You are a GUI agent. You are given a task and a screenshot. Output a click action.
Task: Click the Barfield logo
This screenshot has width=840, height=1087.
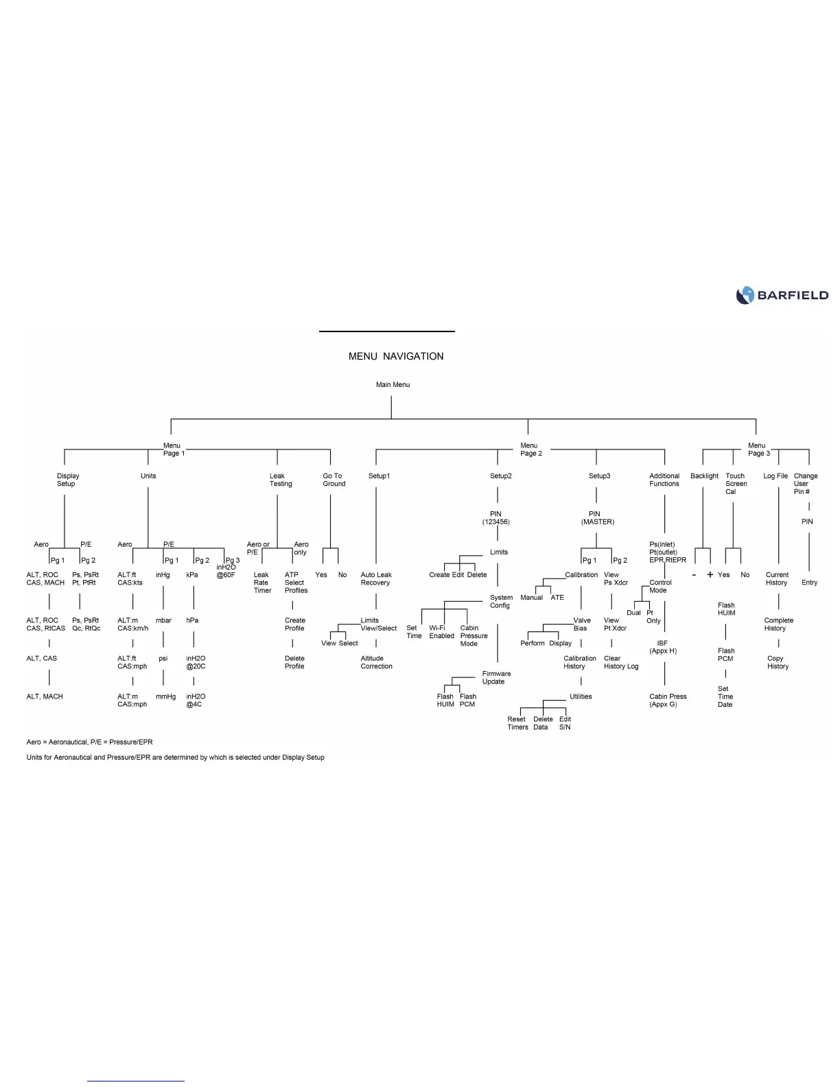coord(782,295)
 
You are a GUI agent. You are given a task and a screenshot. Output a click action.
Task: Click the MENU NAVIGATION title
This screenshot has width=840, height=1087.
coord(396,356)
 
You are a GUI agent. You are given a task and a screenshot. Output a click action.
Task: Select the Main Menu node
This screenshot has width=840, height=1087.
coord(393,384)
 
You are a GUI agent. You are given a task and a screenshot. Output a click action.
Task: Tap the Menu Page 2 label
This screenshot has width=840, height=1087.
coord(530,449)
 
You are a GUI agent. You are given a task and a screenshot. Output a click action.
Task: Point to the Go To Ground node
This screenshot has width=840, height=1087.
coord(334,480)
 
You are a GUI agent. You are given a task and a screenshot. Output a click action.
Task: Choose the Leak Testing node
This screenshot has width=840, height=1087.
coord(280,480)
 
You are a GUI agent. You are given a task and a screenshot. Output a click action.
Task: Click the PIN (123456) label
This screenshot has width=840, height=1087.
coord(495,518)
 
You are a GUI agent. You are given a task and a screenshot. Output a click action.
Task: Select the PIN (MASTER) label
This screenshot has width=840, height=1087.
coord(596,518)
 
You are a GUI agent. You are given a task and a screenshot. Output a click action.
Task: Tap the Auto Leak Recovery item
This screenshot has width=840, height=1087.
coord(376,578)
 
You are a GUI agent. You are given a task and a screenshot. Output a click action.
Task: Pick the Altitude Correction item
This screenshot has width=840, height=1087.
coord(376,662)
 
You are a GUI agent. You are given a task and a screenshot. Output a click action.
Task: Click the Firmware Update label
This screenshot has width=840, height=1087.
coord(495,677)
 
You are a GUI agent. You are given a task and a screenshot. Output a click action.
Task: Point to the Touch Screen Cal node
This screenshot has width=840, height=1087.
coord(735,483)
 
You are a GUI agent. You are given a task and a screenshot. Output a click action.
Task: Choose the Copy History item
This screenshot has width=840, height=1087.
coord(777,662)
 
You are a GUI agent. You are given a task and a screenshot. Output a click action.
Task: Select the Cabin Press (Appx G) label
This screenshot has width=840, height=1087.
coord(667,700)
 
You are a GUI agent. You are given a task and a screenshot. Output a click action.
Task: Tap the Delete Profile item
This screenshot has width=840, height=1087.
coord(294,662)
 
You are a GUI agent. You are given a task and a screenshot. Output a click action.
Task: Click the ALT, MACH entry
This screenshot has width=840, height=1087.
coord(45,697)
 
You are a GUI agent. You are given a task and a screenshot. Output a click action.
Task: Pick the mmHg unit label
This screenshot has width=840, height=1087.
coord(165,697)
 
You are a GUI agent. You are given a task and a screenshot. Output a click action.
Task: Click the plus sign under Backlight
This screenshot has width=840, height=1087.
coord(710,574)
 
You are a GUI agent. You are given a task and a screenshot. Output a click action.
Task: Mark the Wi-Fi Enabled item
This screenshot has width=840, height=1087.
coord(441,632)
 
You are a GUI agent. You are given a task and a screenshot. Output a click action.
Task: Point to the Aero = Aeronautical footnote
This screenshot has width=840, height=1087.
coord(89,742)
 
